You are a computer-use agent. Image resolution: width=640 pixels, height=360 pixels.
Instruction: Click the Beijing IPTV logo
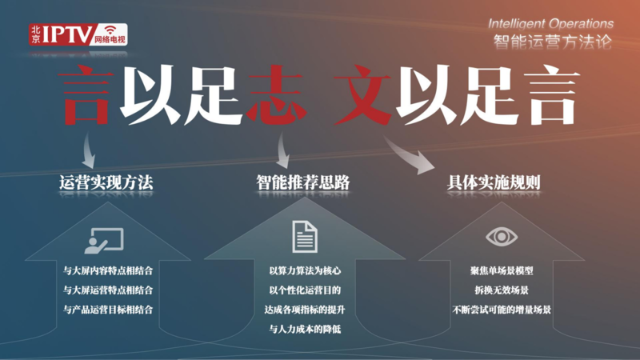coord(78,34)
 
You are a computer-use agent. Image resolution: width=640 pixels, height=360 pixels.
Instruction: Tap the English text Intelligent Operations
coord(550,24)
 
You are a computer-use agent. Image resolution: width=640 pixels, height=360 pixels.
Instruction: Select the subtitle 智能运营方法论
coord(553,42)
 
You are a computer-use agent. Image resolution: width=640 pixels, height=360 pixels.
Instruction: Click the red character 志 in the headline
coord(275,94)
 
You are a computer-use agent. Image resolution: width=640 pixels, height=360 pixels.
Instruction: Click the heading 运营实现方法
coord(106,182)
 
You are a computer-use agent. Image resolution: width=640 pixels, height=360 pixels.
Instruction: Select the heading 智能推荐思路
coord(303,182)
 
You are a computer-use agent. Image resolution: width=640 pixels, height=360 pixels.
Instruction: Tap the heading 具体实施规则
coord(494,182)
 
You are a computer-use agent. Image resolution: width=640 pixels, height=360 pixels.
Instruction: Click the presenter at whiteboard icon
coord(104,241)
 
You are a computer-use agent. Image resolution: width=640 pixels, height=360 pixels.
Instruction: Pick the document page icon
coord(305,237)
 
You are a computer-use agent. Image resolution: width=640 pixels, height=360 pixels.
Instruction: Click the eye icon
coord(502,237)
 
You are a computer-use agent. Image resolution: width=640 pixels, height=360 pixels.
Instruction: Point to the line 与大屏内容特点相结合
coord(108,270)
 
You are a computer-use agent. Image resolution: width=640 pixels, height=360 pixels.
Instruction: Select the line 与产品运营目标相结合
coord(108,310)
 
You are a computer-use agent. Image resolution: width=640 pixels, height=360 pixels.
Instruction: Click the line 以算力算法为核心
coord(305,270)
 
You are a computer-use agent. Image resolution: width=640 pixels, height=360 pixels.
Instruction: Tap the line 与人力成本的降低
coord(305,329)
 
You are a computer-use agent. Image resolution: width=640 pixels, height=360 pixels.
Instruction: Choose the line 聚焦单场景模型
coord(502,270)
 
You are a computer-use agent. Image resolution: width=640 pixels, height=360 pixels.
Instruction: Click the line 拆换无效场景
coord(502,290)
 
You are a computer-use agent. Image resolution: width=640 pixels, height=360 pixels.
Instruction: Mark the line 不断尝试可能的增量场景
coord(502,310)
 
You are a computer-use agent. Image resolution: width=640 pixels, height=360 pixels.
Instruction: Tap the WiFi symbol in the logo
coord(110,30)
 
